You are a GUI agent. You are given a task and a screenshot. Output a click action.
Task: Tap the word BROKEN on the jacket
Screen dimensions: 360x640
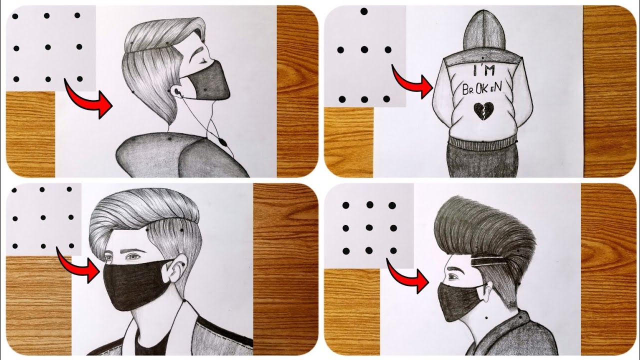pos(482,89)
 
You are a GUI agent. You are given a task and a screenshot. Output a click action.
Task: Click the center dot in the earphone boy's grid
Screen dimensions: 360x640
pos(47,47)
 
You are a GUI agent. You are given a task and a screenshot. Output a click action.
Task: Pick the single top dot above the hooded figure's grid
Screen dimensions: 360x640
pos(364,11)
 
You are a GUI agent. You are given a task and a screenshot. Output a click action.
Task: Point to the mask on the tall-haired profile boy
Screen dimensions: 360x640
pos(460,300)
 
